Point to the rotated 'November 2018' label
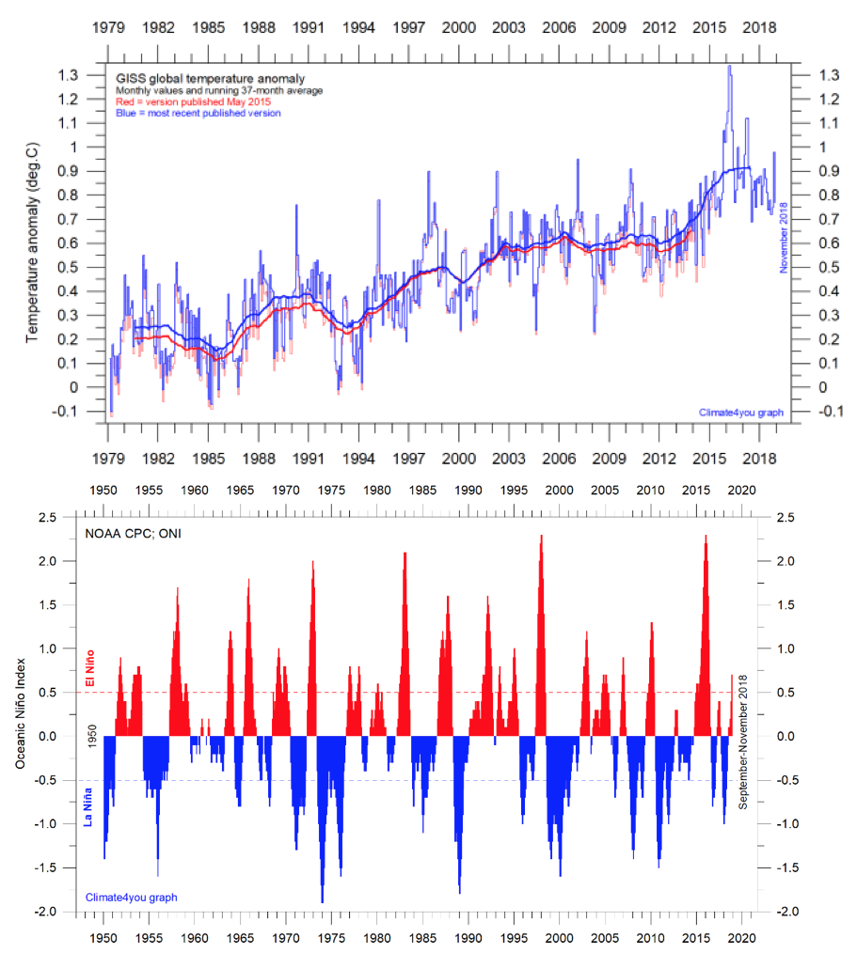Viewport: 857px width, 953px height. (783, 240)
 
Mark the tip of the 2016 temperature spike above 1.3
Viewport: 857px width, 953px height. (729, 66)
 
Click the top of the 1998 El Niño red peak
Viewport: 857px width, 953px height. (542, 536)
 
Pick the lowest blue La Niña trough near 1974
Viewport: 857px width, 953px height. (323, 901)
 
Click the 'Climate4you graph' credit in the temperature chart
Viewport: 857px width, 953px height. (740, 412)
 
